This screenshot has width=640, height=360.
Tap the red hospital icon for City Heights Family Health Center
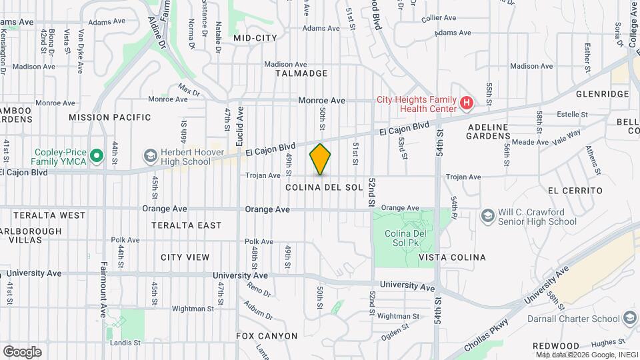[467, 104]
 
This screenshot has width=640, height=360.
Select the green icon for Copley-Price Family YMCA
[97, 156]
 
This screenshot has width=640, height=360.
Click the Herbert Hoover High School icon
[150, 156]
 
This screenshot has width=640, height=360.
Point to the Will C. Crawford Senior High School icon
[487, 215]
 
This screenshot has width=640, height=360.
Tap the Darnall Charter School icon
[630, 319]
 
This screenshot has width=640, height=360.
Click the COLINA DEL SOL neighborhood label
[323, 187]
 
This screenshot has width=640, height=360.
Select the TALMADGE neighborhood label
[303, 73]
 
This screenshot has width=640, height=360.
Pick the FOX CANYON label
[267, 336]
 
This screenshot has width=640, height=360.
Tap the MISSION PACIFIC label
[109, 117]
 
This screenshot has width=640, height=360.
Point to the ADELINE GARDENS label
[488, 131]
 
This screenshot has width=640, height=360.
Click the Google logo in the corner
[22, 351]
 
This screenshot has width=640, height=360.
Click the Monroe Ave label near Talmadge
[321, 101]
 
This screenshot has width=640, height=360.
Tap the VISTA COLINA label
[452, 257]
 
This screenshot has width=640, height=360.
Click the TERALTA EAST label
[186, 225]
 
